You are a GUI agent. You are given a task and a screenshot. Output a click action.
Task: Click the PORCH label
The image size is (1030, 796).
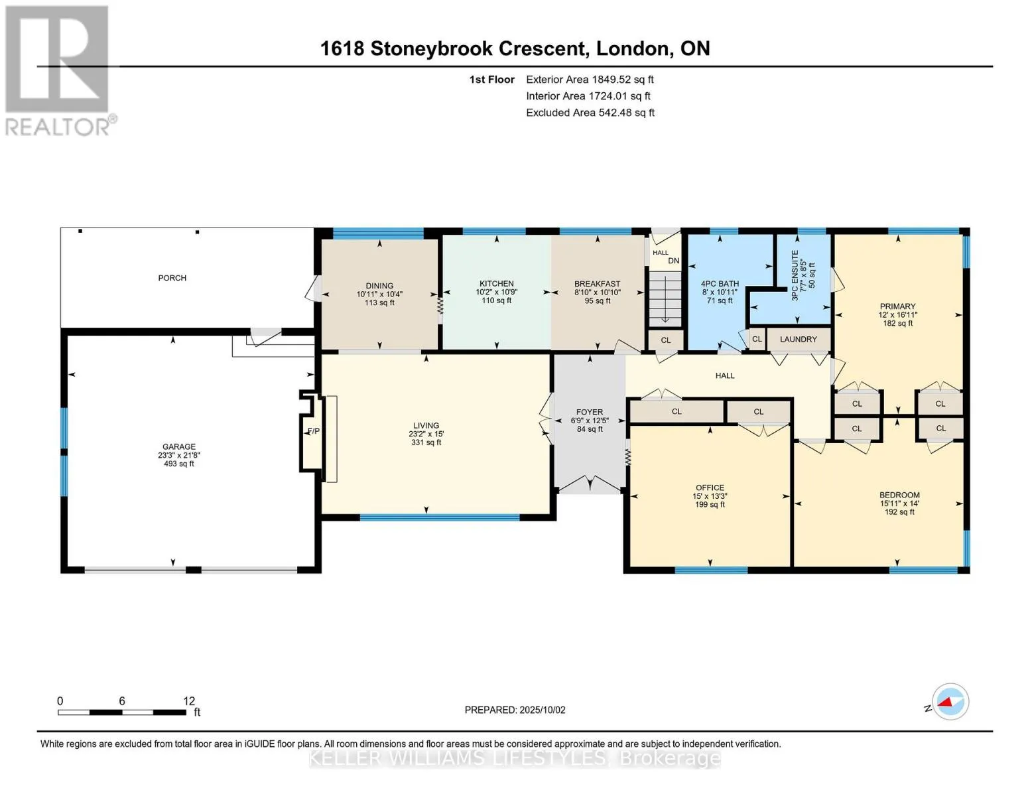tap(172, 278)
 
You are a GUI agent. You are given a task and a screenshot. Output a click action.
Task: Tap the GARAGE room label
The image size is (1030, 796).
tap(178, 446)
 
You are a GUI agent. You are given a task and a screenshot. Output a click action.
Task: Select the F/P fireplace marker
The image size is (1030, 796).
tap(314, 431)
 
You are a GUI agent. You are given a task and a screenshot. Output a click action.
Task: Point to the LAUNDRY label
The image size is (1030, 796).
tap(799, 340)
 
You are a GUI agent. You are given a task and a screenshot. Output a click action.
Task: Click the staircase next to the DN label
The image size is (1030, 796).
tap(665, 298)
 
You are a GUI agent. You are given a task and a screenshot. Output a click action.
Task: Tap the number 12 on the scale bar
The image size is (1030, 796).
tap(189, 700)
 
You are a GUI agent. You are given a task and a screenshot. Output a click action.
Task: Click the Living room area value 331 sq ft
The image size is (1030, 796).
tap(426, 442)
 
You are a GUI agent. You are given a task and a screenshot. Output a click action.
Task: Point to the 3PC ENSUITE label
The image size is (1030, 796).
tap(795, 275)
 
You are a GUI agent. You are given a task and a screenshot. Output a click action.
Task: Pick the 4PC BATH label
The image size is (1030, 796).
tap(720, 284)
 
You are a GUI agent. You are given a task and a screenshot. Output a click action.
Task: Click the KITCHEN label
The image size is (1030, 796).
tap(496, 283)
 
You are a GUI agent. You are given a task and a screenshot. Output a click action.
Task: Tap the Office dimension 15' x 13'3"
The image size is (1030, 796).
tap(710, 496)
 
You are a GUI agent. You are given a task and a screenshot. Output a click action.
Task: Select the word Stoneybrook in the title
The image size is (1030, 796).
tap(431, 48)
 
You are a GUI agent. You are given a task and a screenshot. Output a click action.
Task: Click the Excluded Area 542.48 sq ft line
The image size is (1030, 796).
tap(590, 113)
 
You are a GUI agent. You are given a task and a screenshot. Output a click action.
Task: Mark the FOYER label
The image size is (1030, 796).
tap(590, 412)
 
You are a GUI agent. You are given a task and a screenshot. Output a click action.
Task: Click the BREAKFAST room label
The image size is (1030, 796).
tap(597, 284)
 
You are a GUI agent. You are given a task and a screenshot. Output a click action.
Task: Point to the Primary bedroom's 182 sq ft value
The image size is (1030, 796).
tap(897, 323)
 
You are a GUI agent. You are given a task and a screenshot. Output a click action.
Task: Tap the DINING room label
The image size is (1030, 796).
tap(379, 286)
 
